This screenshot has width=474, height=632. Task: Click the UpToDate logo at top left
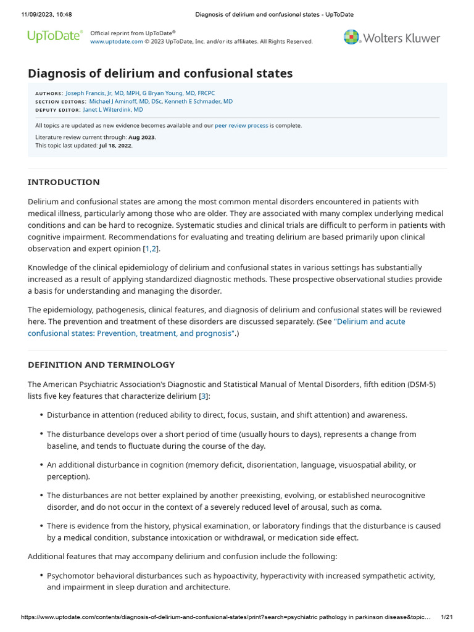pos(54,36)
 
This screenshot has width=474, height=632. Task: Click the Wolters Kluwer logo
pos(392,38)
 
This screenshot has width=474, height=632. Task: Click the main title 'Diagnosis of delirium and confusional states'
pos(160,73)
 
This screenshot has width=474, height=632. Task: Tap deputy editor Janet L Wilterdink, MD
pos(113,109)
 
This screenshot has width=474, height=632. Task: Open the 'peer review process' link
pos(241,125)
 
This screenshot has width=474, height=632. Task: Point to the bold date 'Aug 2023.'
pos(142,137)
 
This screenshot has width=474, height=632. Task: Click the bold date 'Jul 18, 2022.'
pos(115,146)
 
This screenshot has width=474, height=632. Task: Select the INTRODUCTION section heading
pos(64,182)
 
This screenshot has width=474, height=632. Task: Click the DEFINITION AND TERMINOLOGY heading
pos(101,365)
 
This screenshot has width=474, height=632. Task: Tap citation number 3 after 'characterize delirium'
pos(202,396)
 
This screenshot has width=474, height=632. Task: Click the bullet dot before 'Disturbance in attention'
pos(41,415)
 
